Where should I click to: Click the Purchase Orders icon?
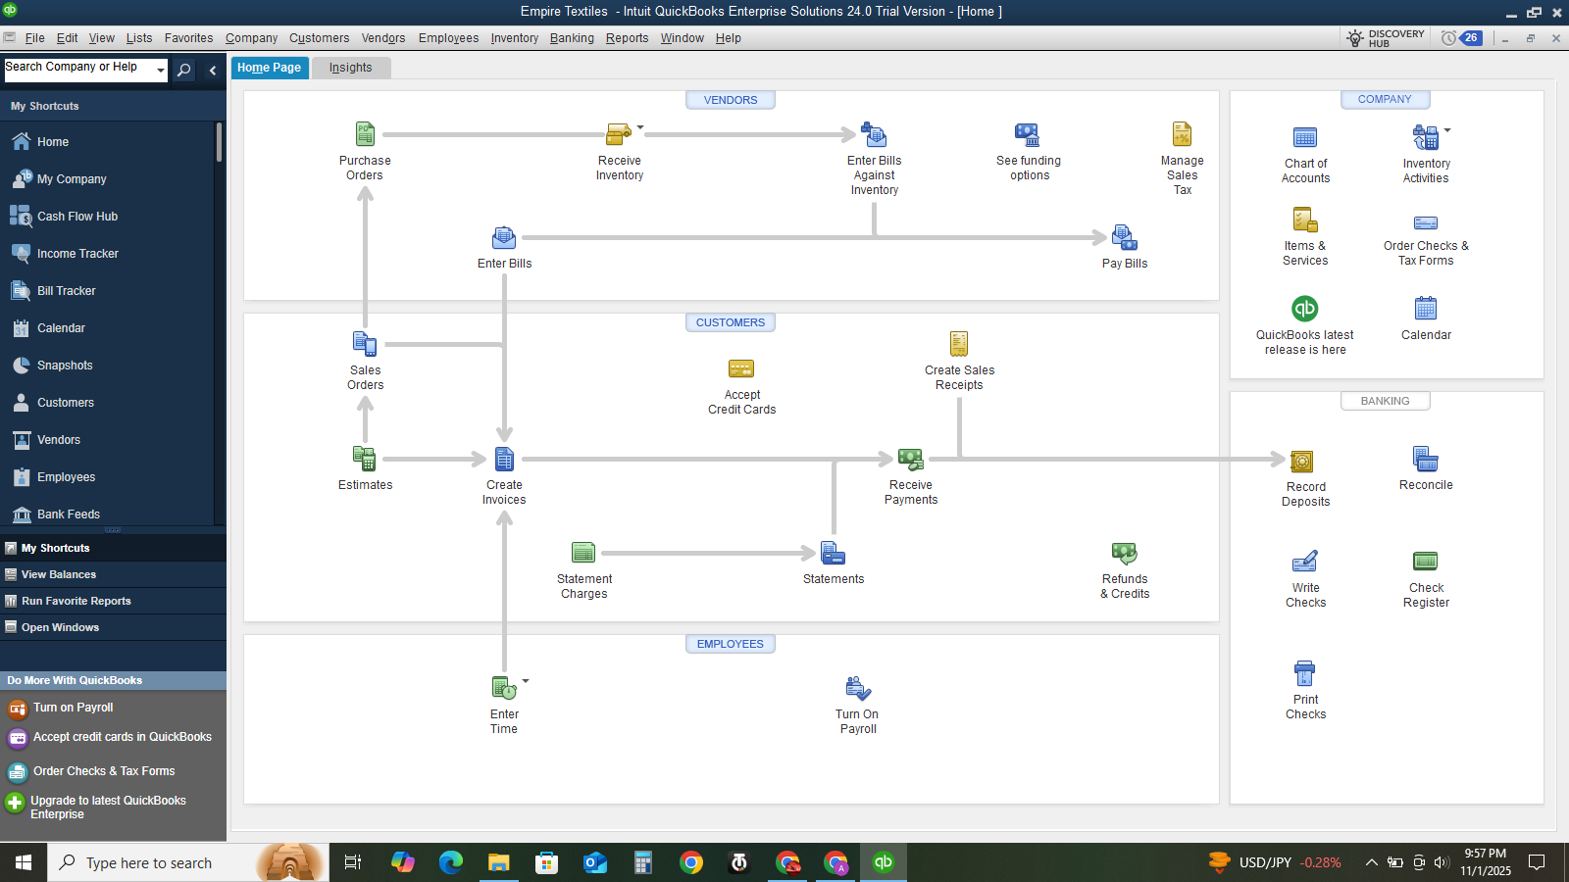click(365, 133)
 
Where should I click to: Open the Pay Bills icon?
click(1124, 237)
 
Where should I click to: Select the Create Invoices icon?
click(504, 460)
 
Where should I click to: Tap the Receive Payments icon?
click(911, 460)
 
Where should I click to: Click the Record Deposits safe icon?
click(1301, 462)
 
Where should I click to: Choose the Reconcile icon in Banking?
click(1426, 460)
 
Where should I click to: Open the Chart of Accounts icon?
click(1305, 137)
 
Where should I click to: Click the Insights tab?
click(350, 68)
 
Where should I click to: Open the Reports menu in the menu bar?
click(627, 38)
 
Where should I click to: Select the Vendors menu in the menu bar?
click(383, 38)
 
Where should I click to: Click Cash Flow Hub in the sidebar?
click(77, 217)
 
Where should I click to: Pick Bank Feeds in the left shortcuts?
click(69, 514)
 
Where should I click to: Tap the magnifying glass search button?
click(184, 70)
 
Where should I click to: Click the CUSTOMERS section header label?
click(730, 322)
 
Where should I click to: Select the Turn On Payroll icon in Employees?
click(857, 689)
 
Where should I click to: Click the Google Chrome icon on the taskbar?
click(690, 862)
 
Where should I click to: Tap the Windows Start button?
click(24, 862)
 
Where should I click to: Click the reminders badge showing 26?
click(1471, 38)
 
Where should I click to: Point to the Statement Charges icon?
click(583, 553)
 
